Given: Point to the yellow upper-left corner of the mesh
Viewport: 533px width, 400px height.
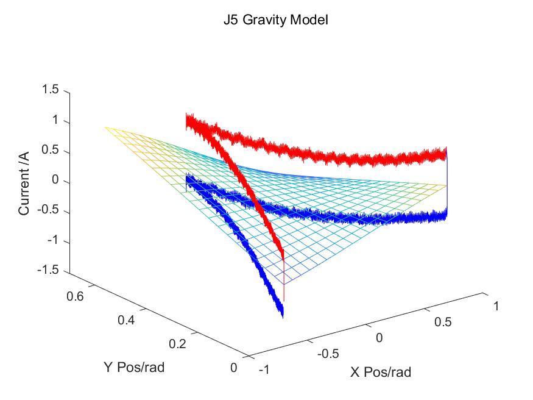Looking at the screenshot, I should tap(105, 127).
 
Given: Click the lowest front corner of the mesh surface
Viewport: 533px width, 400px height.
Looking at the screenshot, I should tap(284, 284).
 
